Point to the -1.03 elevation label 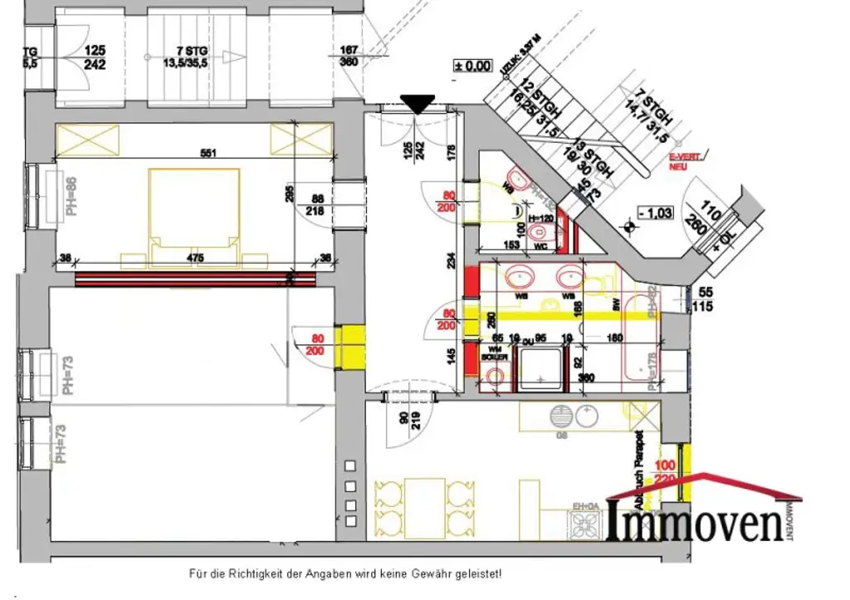coord(655,212)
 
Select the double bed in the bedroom coord(195,207)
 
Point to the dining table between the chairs coord(424,505)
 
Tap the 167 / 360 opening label coord(349,56)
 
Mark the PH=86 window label coord(72,195)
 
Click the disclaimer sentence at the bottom coord(344,573)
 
